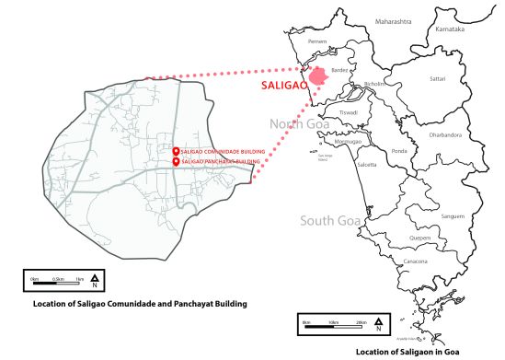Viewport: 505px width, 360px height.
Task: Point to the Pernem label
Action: (315, 42)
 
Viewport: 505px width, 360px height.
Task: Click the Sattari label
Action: (438, 78)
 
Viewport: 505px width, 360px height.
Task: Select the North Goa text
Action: (298, 123)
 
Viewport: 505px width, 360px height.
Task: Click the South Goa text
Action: (328, 221)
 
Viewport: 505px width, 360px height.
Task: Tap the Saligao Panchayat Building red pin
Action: (176, 162)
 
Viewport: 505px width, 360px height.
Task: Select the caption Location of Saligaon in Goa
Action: (429, 351)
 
